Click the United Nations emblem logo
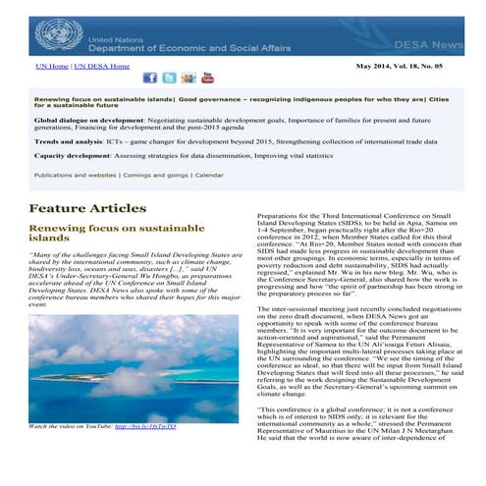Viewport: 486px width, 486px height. pyautogui.click(x=58, y=35)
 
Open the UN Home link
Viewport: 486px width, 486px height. pyautogui.click(x=52, y=66)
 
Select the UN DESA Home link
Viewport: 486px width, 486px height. pyautogui.click(x=102, y=66)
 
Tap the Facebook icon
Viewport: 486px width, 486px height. pyautogui.click(x=150, y=78)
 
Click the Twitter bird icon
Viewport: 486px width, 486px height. pyautogui.click(x=169, y=78)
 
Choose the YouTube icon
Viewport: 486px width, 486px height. pyautogui.click(x=207, y=78)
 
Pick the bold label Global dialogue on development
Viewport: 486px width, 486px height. pyautogui.click(x=84, y=118)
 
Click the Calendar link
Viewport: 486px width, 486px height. pyautogui.click(x=208, y=174)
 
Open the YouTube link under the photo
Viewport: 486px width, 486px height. pyautogui.click(x=146, y=427)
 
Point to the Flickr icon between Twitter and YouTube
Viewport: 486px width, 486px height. pyautogui.click(x=188, y=78)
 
